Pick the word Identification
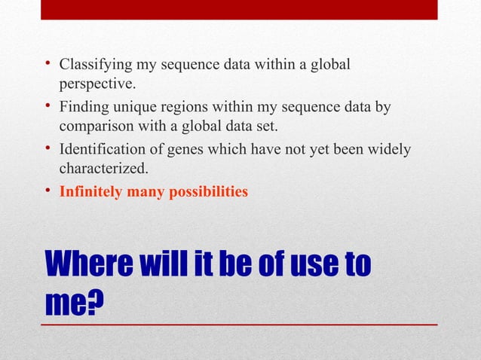pos(102,150)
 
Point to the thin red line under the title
pos(240,324)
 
